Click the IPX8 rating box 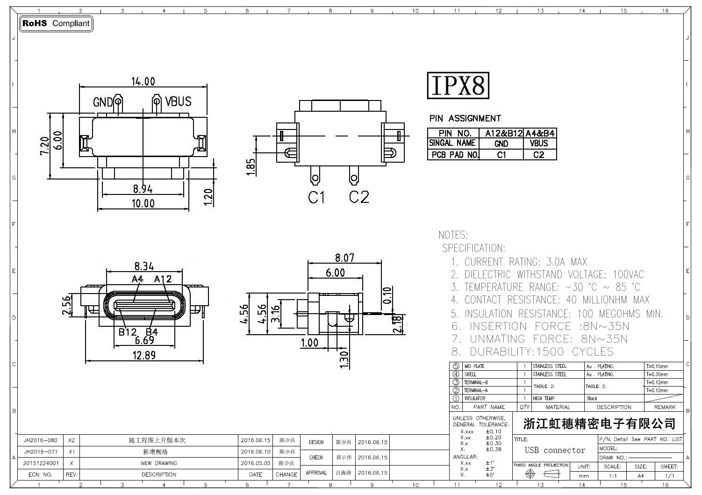tap(458, 85)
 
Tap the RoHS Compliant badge tap(56, 23)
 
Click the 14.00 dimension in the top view tap(143, 81)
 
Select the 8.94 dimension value tap(143, 189)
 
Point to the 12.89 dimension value tap(144, 355)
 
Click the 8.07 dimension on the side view tap(344, 258)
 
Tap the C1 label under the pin tap(316, 198)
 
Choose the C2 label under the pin tap(359, 197)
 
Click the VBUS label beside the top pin tap(178, 101)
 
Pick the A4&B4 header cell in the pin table tap(540, 133)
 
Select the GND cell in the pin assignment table tap(501, 143)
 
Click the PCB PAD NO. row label tap(453, 155)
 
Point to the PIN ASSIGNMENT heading tap(465, 118)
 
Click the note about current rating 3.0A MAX tap(519, 262)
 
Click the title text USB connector tap(555, 450)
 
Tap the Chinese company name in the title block tap(599, 424)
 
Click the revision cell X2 tap(72, 440)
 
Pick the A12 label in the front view tap(163, 279)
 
